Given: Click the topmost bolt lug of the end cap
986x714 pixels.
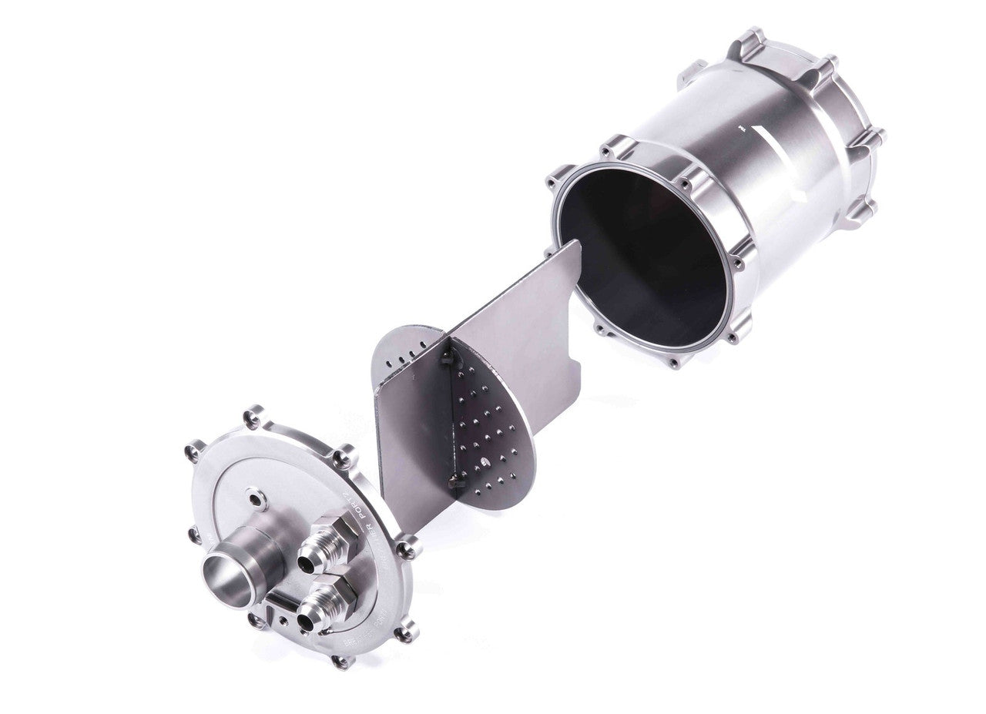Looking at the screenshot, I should click(x=253, y=421).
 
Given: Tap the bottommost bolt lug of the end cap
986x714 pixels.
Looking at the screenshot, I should click(x=339, y=661).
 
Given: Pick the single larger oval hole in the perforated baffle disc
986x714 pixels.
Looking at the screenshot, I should click(x=483, y=462).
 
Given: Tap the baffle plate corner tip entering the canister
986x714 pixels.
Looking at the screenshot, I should click(x=576, y=245).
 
